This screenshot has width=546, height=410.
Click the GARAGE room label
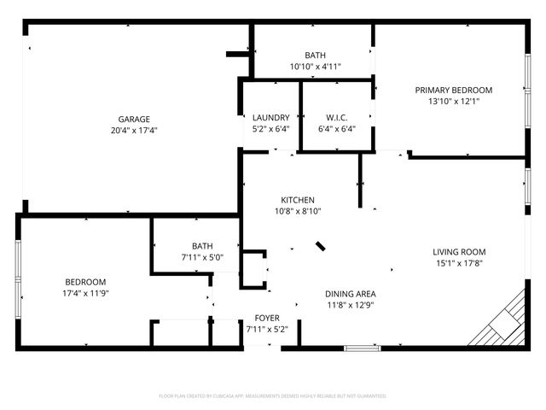tap(135, 119)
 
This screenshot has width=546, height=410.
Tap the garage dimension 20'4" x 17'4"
tap(135, 131)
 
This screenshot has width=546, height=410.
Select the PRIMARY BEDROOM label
tap(454, 90)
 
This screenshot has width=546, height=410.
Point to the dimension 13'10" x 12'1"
tap(454, 101)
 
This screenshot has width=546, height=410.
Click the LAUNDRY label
tap(270, 118)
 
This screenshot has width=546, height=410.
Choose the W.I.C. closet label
tap(335, 118)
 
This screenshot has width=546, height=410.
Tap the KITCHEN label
tap(298, 200)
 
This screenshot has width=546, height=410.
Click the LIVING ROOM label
tap(459, 252)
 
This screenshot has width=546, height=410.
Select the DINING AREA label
tap(350, 292)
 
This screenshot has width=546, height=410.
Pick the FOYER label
tap(267, 318)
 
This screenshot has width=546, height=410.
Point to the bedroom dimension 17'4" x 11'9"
tap(85, 293)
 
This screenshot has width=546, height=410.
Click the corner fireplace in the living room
tap(506, 322)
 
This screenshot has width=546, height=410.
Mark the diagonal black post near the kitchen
tap(321, 247)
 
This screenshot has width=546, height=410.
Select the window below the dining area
tap(362, 348)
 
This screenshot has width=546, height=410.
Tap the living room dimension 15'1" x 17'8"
tap(459, 263)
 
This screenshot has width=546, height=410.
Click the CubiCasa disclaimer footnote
tap(273, 396)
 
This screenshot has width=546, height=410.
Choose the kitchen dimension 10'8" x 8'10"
tap(298, 211)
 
